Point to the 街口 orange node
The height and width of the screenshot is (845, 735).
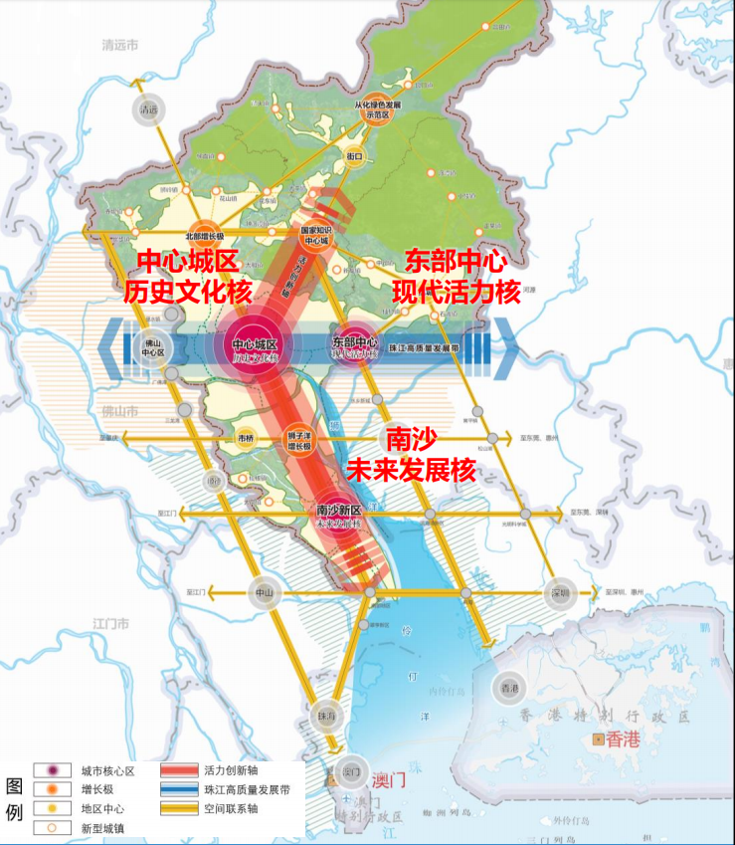354,156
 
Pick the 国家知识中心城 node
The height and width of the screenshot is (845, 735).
315,235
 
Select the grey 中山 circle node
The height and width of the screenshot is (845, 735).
263,591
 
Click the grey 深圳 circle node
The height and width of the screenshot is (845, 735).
559,592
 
